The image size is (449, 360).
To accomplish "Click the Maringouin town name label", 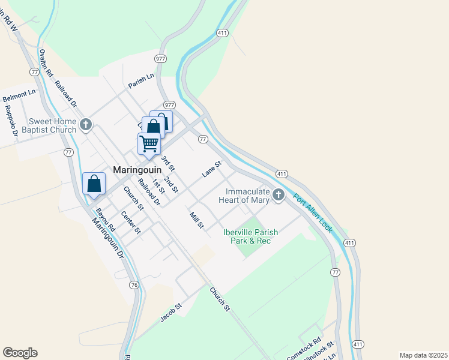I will click(137, 170).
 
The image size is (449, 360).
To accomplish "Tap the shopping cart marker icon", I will click(149, 144).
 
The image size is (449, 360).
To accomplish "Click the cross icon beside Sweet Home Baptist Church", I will click(86, 125).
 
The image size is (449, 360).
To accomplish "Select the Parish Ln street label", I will click(141, 82).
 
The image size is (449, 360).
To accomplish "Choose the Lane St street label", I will click(212, 169).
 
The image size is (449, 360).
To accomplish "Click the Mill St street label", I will click(197, 221).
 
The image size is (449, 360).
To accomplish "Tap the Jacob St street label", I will click(171, 312).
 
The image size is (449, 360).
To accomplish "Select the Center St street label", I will click(130, 222).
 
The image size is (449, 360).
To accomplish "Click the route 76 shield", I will click(134, 285).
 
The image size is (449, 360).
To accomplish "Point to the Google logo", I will click(20, 353).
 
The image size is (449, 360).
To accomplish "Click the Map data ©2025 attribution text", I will click(423, 355).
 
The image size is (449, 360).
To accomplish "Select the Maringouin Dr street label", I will click(107, 237).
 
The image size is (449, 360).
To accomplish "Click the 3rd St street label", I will click(167, 163).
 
